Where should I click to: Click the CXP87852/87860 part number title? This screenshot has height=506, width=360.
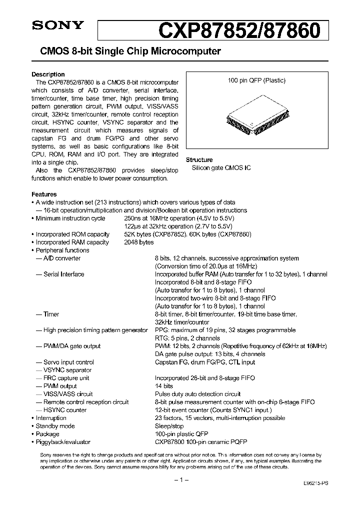click(239, 30)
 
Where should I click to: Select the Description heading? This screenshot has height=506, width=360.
click(48, 74)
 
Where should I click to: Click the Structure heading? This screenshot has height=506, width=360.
click(199, 160)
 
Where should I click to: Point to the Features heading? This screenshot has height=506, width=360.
click(44, 194)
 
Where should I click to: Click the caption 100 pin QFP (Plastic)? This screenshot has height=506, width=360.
click(256, 80)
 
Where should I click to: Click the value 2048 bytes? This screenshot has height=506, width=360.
click(138, 242)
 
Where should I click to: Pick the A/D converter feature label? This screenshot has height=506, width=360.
click(61, 258)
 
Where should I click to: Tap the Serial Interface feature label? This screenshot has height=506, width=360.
click(63, 274)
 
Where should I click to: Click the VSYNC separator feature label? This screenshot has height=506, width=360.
click(67, 370)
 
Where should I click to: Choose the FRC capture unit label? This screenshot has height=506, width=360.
click(66, 378)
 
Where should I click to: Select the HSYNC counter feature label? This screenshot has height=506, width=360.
click(65, 410)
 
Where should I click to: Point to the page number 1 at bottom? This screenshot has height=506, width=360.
click(180, 480)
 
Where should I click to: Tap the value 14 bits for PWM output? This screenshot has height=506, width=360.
click(163, 386)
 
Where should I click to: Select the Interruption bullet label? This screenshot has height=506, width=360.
click(51, 418)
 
